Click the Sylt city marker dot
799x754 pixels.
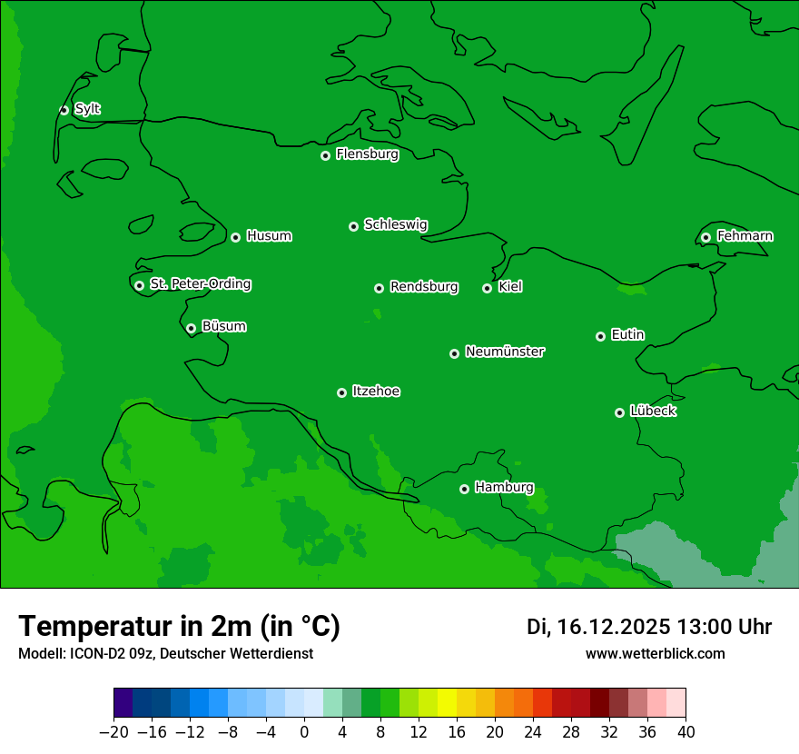coord(64,110)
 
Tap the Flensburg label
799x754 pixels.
coord(367,154)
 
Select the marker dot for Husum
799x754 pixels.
coord(235,237)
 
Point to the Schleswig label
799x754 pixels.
coord(395,224)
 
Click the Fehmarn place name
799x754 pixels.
coord(745,236)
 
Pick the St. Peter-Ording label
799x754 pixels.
coord(200,284)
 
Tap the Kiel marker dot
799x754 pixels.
coord(487,288)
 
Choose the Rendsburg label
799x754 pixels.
coord(423,287)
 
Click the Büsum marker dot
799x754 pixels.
coord(191,329)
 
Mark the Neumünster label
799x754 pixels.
coord(504,352)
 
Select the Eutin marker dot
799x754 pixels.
coord(600,336)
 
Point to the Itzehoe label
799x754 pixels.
coord(376,392)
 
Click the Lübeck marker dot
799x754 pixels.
coord(619,412)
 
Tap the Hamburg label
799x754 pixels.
coord(504,488)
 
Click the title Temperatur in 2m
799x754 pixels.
coord(179,626)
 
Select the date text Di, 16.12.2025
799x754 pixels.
coord(598,627)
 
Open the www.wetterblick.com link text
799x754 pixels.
coord(655,653)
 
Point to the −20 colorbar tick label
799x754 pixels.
coord(113,732)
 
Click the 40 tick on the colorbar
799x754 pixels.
coord(686,732)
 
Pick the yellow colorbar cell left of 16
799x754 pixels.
coord(447,702)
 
